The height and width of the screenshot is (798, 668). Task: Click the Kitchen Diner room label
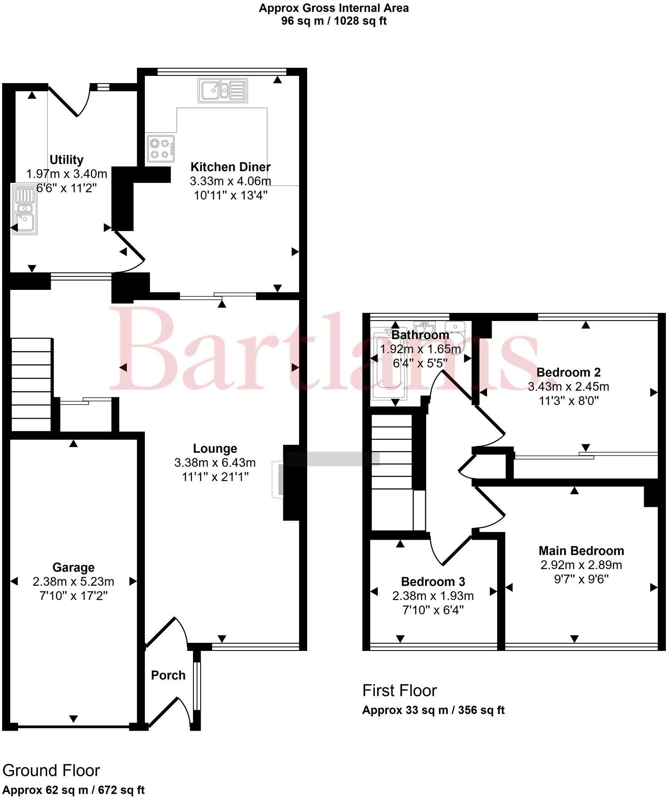coord(230,167)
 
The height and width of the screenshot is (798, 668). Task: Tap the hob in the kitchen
coord(161,149)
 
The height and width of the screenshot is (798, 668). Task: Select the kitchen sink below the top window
coord(222,90)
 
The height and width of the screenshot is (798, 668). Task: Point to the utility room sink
coord(25,209)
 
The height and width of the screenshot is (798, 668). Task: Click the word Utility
coord(66,160)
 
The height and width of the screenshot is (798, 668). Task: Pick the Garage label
coord(73,567)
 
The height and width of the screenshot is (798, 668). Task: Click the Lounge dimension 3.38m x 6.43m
coord(215,463)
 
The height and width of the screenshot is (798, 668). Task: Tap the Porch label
coord(168,675)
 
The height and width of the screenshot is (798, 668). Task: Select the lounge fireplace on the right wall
coord(278,481)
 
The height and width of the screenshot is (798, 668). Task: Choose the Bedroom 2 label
coord(568,372)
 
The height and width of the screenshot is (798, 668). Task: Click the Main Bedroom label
coord(581,551)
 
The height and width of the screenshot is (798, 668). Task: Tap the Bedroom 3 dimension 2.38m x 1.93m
coord(432,596)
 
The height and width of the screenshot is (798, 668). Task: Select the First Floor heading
coord(399,691)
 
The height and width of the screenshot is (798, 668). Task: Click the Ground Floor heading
coord(51,770)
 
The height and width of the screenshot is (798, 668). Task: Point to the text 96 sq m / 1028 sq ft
coord(334,21)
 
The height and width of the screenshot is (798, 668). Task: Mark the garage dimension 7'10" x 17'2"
coord(73,596)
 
